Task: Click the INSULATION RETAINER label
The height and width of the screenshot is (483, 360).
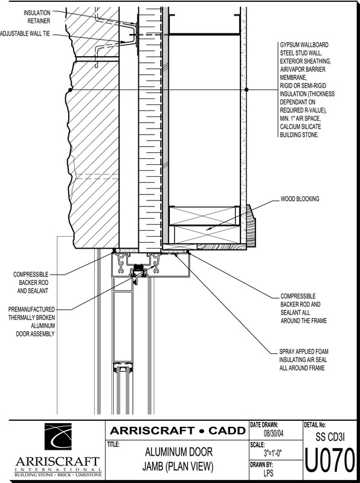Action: [37, 17]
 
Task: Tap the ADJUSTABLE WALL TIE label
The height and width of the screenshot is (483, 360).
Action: [25, 34]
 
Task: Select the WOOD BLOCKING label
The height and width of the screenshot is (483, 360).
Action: [300, 199]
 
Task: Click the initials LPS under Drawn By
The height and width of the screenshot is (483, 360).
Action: [268, 472]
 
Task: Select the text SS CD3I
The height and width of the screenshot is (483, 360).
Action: [330, 437]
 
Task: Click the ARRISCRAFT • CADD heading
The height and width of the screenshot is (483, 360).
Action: [177, 430]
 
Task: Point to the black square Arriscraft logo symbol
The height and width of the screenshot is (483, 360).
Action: [58, 437]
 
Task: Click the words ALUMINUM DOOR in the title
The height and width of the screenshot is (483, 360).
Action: [178, 452]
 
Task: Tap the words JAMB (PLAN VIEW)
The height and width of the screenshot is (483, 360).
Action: [178, 467]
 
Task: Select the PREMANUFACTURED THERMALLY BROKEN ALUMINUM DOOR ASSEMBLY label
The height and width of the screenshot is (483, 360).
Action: [32, 322]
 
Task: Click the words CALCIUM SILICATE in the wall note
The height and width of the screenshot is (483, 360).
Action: [300, 127]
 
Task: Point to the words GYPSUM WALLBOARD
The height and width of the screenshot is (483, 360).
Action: [304, 45]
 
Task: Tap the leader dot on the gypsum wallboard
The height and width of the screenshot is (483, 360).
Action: [246, 89]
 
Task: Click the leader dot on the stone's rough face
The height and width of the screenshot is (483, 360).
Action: [70, 89]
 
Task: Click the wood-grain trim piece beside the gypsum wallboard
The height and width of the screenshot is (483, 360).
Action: [251, 226]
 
